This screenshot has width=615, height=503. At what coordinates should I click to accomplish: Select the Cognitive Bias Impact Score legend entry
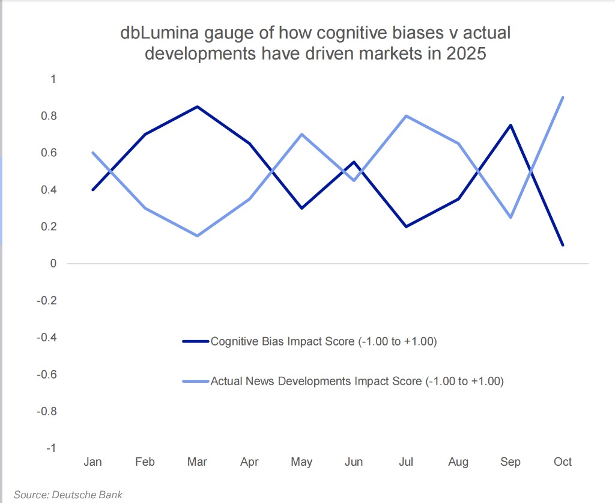tap(323, 342)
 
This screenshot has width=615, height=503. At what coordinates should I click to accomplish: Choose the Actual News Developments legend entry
tap(357, 381)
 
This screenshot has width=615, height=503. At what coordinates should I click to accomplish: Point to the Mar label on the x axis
tap(197, 462)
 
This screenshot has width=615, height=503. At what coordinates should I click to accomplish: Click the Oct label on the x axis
tap(563, 462)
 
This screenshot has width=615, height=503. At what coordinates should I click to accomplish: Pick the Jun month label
tap(354, 462)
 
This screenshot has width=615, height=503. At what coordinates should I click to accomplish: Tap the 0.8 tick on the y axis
tap(49, 116)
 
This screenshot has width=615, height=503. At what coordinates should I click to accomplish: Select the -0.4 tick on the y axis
tap(47, 337)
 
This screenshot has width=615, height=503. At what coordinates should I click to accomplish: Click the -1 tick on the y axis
tap(52, 448)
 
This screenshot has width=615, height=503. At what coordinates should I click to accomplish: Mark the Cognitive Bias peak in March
tap(197, 107)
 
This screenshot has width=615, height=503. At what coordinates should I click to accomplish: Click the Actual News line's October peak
tap(563, 97)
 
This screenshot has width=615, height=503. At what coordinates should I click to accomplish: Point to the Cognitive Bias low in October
tap(563, 245)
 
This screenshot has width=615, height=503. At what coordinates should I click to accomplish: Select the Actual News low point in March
tap(197, 236)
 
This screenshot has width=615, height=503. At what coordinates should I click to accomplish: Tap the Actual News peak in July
tap(406, 116)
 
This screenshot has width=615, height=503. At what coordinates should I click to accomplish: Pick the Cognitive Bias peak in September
tap(510, 125)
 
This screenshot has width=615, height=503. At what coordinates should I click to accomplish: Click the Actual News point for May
tap(301, 134)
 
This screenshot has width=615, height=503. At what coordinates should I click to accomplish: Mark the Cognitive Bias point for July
tap(406, 227)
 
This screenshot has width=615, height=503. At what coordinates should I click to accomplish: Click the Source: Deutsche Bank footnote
tap(68, 495)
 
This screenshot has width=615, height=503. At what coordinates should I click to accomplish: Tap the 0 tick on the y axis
tap(53, 263)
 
